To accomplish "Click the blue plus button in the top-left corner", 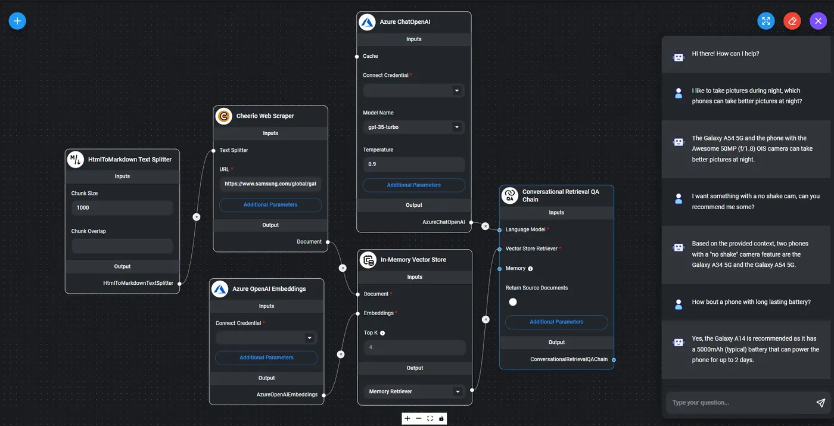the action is pyautogui.click(x=17, y=21).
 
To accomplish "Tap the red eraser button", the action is pyautogui.click(x=792, y=21).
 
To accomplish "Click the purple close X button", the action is pyautogui.click(x=818, y=21).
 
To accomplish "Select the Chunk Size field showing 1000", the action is pyautogui.click(x=122, y=208).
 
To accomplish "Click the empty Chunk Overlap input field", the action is pyautogui.click(x=122, y=246).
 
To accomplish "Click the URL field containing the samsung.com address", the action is pyautogui.click(x=270, y=184).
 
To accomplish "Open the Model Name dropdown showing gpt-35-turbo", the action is pyautogui.click(x=413, y=127).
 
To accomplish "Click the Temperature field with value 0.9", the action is pyautogui.click(x=413, y=164).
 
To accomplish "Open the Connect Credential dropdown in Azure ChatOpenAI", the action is pyautogui.click(x=413, y=91).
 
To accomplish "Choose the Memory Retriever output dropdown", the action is pyautogui.click(x=415, y=391).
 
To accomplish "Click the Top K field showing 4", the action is pyautogui.click(x=415, y=347).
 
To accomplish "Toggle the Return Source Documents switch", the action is pyautogui.click(x=513, y=302).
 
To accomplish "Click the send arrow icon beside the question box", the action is pyautogui.click(x=820, y=403).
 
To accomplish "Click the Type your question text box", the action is pyautogui.click(x=739, y=403).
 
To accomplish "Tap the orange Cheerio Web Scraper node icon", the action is pyautogui.click(x=223, y=116).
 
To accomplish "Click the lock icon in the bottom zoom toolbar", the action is pyautogui.click(x=441, y=419).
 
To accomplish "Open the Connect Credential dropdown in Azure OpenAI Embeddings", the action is pyautogui.click(x=266, y=338).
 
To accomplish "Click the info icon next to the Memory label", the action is pyautogui.click(x=530, y=269).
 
